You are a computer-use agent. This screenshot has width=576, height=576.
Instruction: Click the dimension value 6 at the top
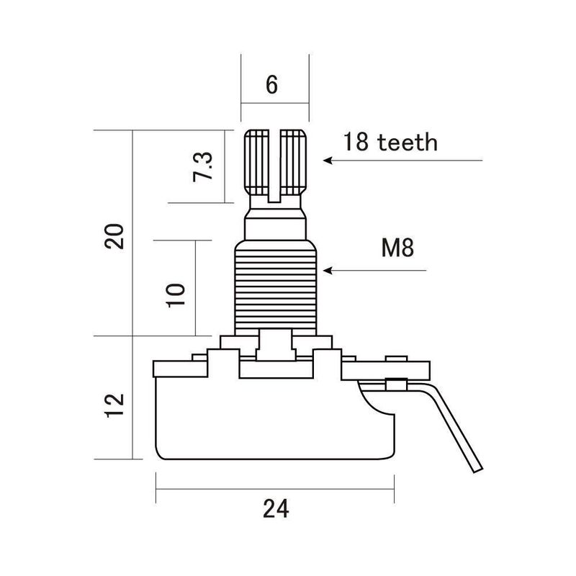[271, 85]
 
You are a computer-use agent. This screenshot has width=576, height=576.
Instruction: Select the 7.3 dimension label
[203, 167]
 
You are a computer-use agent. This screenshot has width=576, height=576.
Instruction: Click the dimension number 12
[115, 405]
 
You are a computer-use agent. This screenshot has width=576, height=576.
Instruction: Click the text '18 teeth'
[390, 142]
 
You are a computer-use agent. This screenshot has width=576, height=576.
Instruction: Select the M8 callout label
[397, 249]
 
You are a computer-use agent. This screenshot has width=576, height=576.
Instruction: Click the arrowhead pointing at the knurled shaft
[328, 161]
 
